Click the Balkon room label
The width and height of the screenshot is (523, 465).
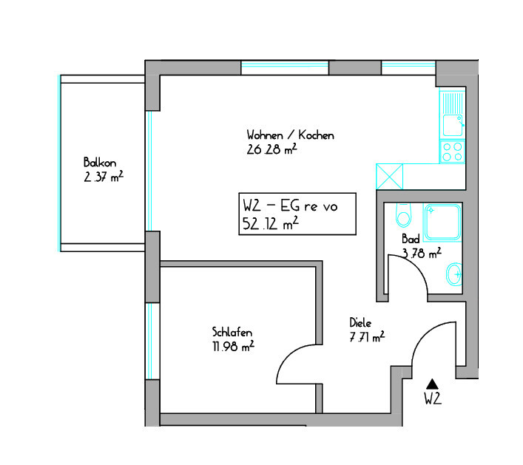(100, 163)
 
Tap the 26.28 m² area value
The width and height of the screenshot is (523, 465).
(271, 149)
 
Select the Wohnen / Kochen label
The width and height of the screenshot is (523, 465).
(290, 135)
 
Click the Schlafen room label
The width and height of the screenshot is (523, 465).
(232, 332)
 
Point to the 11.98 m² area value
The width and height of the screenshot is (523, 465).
(234, 346)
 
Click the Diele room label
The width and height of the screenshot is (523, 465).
(360, 322)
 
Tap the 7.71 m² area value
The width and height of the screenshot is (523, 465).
(367, 336)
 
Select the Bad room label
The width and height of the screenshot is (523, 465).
(411, 239)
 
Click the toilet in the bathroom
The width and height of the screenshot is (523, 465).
(403, 215)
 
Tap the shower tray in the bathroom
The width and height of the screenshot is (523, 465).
(442, 222)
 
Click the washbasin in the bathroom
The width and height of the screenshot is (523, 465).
(454, 274)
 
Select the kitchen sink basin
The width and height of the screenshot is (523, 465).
(453, 126)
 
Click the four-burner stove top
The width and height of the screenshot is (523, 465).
(452, 152)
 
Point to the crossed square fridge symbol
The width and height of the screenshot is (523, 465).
(390, 177)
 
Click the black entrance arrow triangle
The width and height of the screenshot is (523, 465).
(432, 384)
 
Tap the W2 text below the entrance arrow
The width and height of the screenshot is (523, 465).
(433, 398)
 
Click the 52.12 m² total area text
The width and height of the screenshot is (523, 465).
(270, 223)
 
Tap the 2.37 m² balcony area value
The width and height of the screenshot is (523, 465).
(104, 177)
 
